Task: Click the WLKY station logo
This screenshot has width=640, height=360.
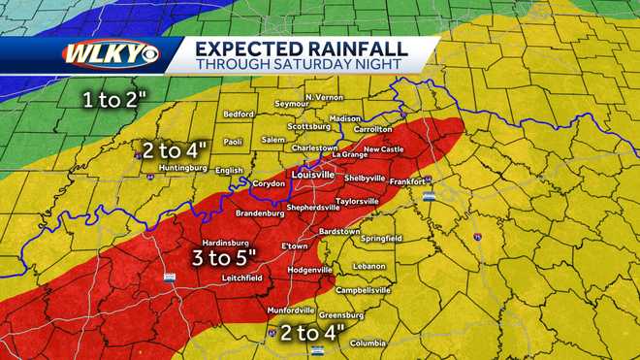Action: point(110,54)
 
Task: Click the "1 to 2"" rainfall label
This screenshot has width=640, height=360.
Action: point(119,98)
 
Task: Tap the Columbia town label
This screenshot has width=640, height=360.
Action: point(368,343)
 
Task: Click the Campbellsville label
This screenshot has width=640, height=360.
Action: point(363,289)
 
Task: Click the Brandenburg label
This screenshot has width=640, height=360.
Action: point(259,213)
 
